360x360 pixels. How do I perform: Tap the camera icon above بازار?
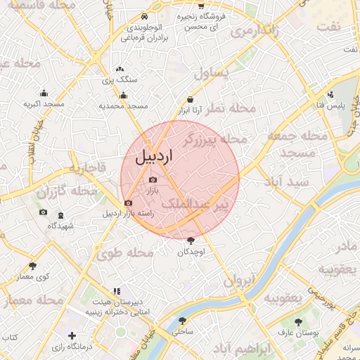tap(153, 180)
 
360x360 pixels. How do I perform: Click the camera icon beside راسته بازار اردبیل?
tap(127, 204)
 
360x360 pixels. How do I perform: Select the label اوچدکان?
tap(190, 252)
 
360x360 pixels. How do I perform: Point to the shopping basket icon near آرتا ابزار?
tap(190, 100)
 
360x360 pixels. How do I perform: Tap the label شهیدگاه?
tap(61, 226)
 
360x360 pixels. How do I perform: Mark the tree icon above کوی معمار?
tap(32, 266)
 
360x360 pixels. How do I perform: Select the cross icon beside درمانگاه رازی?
tap(71, 336)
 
